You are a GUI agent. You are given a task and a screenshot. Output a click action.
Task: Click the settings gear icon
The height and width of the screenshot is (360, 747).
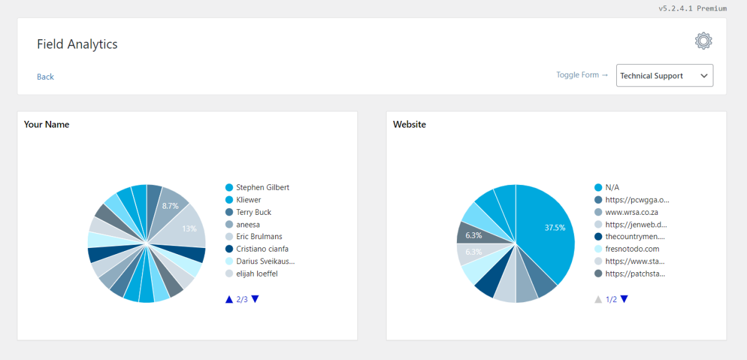(x=703, y=41)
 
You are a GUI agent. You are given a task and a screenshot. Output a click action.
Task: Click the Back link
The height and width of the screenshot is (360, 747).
(x=45, y=77)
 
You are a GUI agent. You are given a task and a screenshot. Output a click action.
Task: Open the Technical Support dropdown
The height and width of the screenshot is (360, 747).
(x=664, y=75)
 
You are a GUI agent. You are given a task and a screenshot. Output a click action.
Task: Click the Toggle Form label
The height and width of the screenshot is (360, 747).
(x=582, y=75)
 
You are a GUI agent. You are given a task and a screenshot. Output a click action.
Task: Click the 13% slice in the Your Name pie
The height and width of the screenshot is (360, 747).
(x=187, y=229)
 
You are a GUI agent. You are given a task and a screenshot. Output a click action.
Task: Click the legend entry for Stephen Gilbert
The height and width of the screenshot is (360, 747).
(x=257, y=187)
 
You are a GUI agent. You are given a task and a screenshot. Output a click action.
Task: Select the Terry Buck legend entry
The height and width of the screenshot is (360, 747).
(x=248, y=212)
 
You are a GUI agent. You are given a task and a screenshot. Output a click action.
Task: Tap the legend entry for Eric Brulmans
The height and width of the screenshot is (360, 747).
(x=253, y=237)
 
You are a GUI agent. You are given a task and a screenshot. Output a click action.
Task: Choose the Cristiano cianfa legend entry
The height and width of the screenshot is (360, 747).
(x=256, y=249)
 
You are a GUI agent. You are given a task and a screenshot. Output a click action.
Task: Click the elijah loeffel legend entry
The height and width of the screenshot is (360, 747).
(x=251, y=273)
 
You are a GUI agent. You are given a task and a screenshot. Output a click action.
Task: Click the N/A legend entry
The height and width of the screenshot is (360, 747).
(x=606, y=187)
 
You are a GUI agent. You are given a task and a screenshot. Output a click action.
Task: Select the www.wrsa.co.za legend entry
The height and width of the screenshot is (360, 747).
(x=626, y=212)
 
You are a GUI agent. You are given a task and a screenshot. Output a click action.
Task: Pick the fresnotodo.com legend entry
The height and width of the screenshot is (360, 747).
(x=627, y=249)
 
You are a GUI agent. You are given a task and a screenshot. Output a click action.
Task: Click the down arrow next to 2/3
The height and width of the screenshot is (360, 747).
(x=255, y=299)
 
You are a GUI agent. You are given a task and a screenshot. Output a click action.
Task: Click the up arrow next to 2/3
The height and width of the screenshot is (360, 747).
(x=229, y=299)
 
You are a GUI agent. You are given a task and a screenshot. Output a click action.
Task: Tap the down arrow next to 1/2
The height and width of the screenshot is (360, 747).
(x=624, y=299)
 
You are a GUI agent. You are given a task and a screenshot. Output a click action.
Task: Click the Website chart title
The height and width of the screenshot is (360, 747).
(x=410, y=125)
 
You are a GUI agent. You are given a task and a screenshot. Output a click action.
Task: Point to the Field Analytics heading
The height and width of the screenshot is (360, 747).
(x=77, y=44)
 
